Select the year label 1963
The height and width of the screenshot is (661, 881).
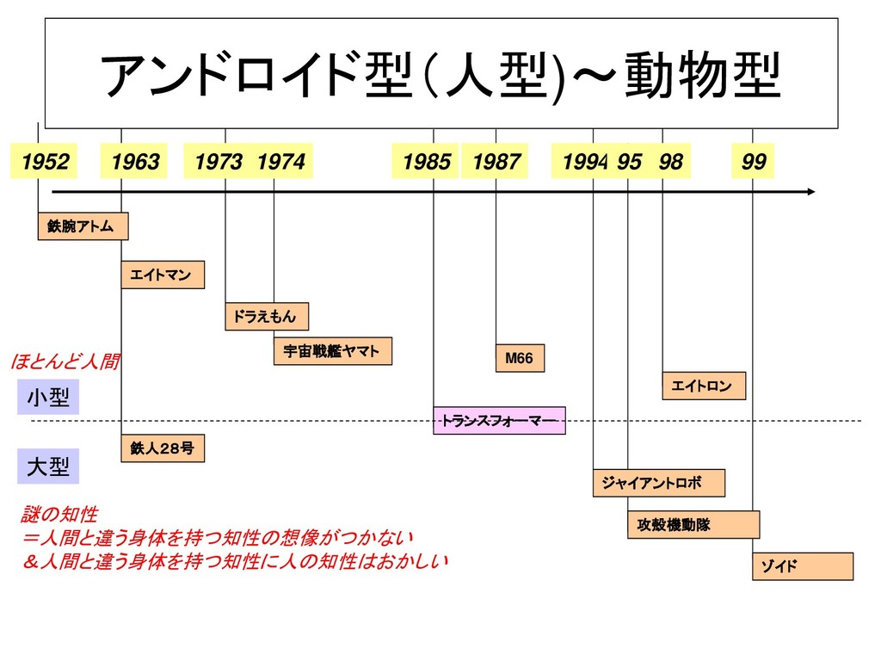coord(135,162)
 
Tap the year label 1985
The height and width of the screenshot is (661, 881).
coord(426,162)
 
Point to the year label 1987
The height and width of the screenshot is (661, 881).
coord(496,162)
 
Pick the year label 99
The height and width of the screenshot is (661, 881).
coord(754,162)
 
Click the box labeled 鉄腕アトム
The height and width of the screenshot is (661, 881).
coord(83,225)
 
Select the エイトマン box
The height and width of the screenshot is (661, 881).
coord(163,275)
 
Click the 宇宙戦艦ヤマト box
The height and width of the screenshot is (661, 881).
coord(333,351)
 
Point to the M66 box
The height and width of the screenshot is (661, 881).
coord(520,358)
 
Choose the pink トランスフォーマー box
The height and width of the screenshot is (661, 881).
coord(499,420)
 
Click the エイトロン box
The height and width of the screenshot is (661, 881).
coord(704,386)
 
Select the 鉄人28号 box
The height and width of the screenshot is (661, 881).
coord(163,448)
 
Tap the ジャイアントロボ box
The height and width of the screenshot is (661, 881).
coord(659,483)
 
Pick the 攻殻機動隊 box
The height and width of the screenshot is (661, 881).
coord(693,524)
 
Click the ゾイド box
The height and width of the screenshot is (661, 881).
coord(803,566)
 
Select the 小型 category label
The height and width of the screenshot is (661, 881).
coord(48,398)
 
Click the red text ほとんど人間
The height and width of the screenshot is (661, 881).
coord(65,361)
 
